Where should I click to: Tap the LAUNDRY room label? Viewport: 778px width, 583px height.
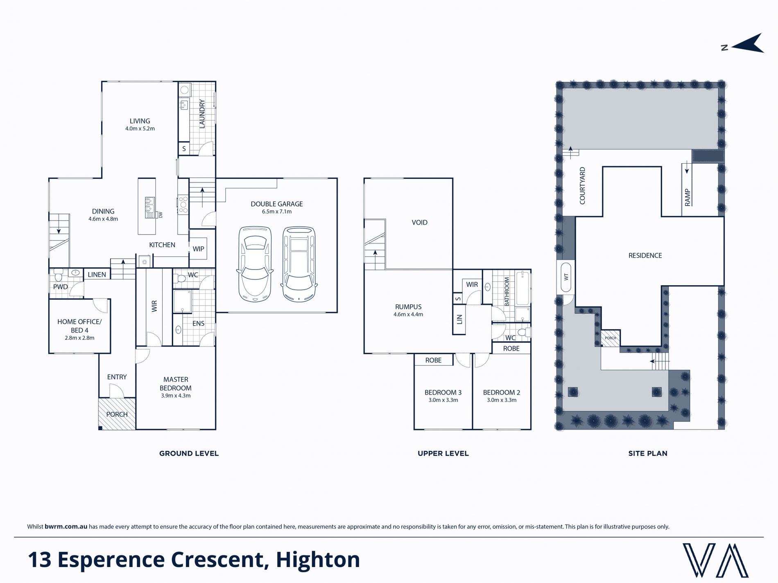(202, 114)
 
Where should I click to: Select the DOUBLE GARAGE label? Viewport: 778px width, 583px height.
(277, 204)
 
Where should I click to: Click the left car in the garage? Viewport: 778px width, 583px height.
(255, 264)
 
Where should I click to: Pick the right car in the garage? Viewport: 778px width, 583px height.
(299, 264)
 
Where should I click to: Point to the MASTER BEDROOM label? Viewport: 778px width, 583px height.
(176, 384)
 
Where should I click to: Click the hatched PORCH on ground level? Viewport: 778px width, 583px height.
(117, 414)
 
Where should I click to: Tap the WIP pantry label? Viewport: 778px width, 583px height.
(199, 249)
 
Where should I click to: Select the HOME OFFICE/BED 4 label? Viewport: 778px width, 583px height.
(79, 326)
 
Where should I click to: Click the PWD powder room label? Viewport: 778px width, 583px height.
(61, 287)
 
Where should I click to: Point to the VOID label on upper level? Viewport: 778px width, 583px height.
(420, 223)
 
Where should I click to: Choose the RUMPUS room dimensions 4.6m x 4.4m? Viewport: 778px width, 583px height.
(408, 315)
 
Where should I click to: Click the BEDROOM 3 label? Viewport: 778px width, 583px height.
(443, 392)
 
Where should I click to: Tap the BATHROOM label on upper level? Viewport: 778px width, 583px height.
(507, 292)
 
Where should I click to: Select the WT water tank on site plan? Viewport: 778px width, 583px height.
(566, 277)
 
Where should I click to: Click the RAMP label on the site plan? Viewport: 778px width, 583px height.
(688, 197)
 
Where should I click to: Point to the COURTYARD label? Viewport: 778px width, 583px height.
(582, 186)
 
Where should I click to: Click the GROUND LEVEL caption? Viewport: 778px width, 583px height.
(189, 453)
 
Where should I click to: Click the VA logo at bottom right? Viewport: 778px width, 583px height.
(715, 560)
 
